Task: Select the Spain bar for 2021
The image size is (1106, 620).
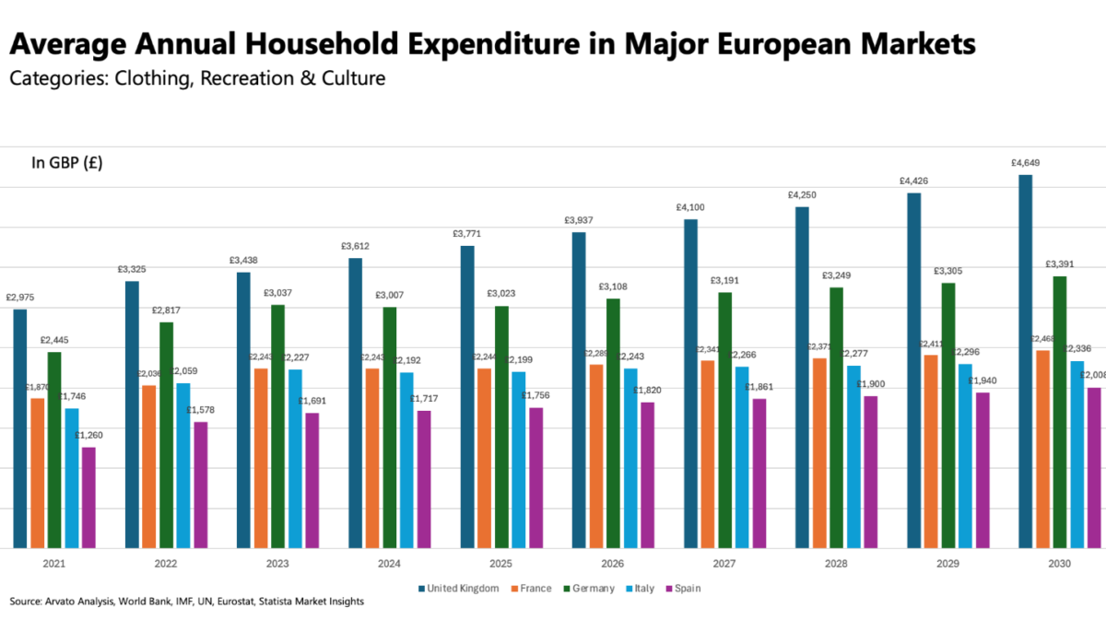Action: click(x=88, y=497)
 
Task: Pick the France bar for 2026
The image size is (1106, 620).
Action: click(x=596, y=456)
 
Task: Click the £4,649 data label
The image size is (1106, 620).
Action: click(x=1025, y=163)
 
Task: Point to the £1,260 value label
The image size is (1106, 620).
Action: click(x=88, y=436)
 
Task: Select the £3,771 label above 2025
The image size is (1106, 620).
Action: click(x=466, y=234)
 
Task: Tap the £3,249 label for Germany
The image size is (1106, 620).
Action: click(x=837, y=275)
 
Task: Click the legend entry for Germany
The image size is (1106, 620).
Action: click(x=589, y=589)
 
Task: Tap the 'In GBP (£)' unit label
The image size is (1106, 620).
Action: click(x=67, y=164)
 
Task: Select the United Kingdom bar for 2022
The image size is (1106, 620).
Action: click(x=133, y=415)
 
